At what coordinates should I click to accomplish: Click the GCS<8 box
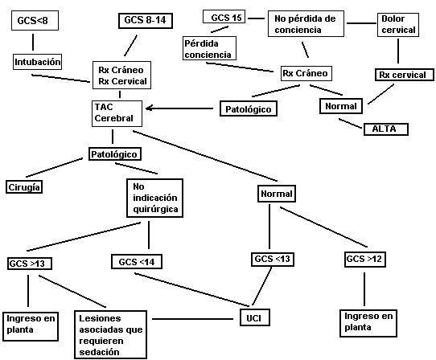point(35,21)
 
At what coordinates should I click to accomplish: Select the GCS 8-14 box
point(146,21)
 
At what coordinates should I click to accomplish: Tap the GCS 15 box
point(224,17)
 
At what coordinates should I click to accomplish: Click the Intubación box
point(37,62)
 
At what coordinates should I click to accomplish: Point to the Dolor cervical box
point(398,25)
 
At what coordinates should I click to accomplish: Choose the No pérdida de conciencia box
point(306,24)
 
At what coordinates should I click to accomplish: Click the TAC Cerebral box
point(117,113)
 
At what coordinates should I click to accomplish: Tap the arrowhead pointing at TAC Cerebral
point(149,108)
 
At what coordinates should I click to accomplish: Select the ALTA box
point(386,129)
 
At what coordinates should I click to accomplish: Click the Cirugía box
point(24,187)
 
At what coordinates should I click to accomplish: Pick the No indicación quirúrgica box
point(154,198)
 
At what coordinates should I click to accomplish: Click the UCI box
point(254,317)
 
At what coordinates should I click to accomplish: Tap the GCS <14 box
point(137,262)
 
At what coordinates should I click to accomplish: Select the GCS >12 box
point(365,260)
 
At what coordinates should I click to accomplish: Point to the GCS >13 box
point(30,264)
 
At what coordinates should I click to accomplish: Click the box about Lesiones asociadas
point(110,335)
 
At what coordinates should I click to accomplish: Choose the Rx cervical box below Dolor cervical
point(405,75)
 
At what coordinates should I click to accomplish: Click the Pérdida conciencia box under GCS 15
point(209,48)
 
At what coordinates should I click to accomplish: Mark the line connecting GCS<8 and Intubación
point(33,43)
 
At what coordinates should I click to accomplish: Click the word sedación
point(99,352)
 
